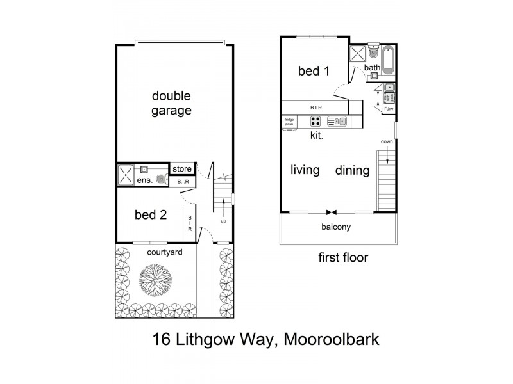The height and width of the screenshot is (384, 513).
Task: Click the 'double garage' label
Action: tap(171, 103)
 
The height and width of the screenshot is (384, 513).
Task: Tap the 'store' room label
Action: tap(183, 169)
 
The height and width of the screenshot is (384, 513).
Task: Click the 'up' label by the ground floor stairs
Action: tap(223, 221)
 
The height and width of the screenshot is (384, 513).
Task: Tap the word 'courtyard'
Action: tap(164, 252)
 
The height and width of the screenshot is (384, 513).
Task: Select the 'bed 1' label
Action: tap(314, 71)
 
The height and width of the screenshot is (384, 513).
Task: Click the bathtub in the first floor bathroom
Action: tap(389, 60)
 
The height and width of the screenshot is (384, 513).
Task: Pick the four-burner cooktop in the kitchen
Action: tap(315, 121)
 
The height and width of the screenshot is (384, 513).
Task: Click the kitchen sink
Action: tap(337, 121)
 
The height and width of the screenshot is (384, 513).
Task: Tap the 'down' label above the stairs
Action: tap(387, 142)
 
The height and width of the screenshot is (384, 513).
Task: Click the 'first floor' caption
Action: tap(343, 258)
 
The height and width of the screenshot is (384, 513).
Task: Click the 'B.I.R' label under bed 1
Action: tap(315, 108)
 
